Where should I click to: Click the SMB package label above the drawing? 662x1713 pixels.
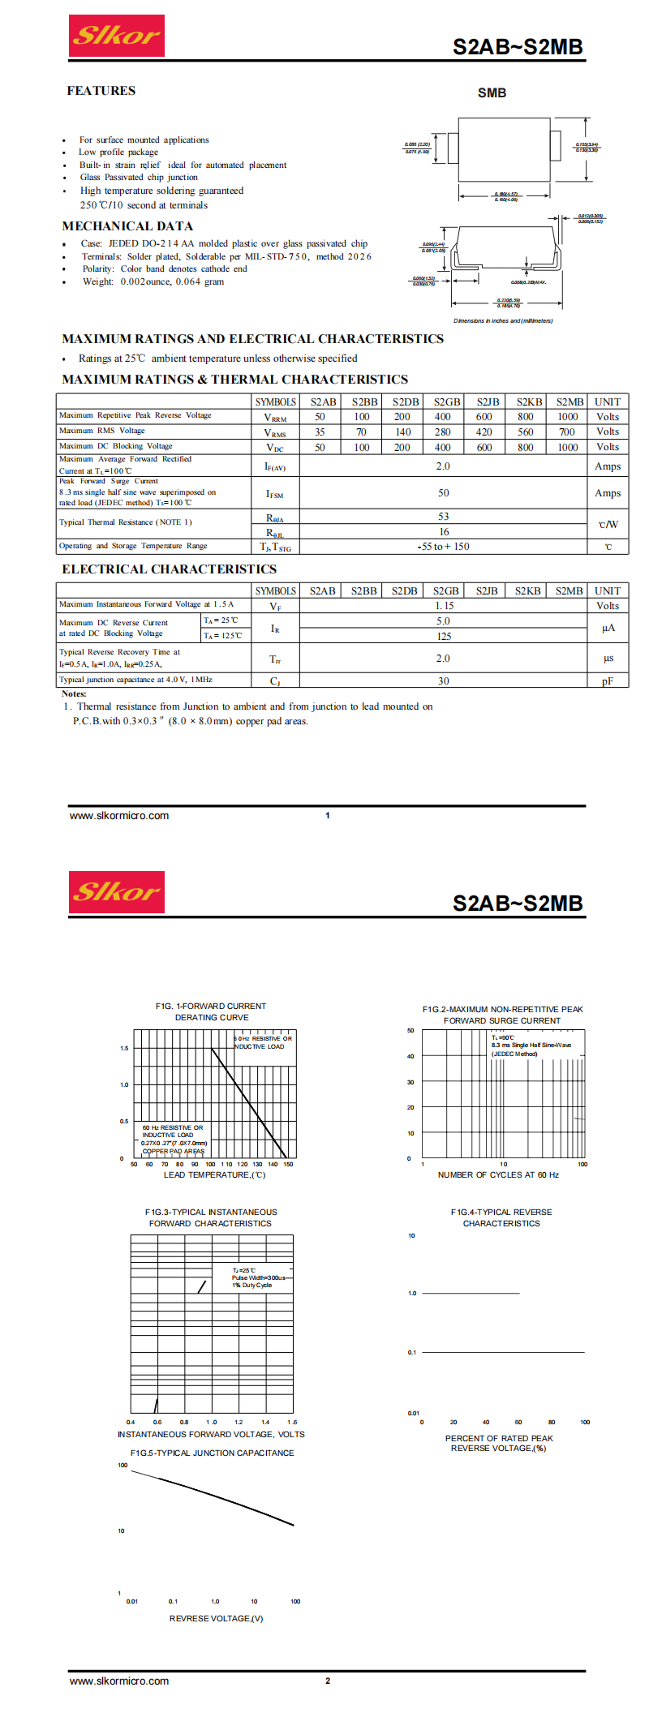pos(492,92)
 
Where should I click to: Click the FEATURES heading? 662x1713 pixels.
pos(101,91)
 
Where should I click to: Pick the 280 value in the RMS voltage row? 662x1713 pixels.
pos(442,432)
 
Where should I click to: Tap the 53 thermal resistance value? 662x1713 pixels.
pos(443,517)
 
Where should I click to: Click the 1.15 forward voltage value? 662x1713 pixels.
pos(444,606)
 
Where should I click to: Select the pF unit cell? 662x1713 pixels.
pos(608,681)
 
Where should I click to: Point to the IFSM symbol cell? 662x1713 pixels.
pos(275,493)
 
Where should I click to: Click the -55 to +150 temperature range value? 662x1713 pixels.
pos(443,547)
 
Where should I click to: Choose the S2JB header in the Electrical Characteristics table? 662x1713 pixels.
pos(487,591)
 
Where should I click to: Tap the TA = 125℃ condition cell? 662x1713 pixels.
pos(222,636)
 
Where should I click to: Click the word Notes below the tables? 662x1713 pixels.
pos(74,693)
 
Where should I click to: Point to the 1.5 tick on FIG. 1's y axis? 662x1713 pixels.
pos(124,1048)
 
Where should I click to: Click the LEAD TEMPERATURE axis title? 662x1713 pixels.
pos(214,1174)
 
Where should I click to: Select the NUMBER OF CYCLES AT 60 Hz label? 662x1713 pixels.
pos(498,1174)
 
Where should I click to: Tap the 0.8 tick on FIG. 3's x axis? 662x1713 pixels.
pos(184,1422)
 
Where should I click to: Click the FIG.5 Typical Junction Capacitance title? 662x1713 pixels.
pos(212,1453)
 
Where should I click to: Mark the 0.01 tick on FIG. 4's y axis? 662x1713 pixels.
pos(413,1413)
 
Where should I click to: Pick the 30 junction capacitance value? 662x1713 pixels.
pos(443,681)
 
